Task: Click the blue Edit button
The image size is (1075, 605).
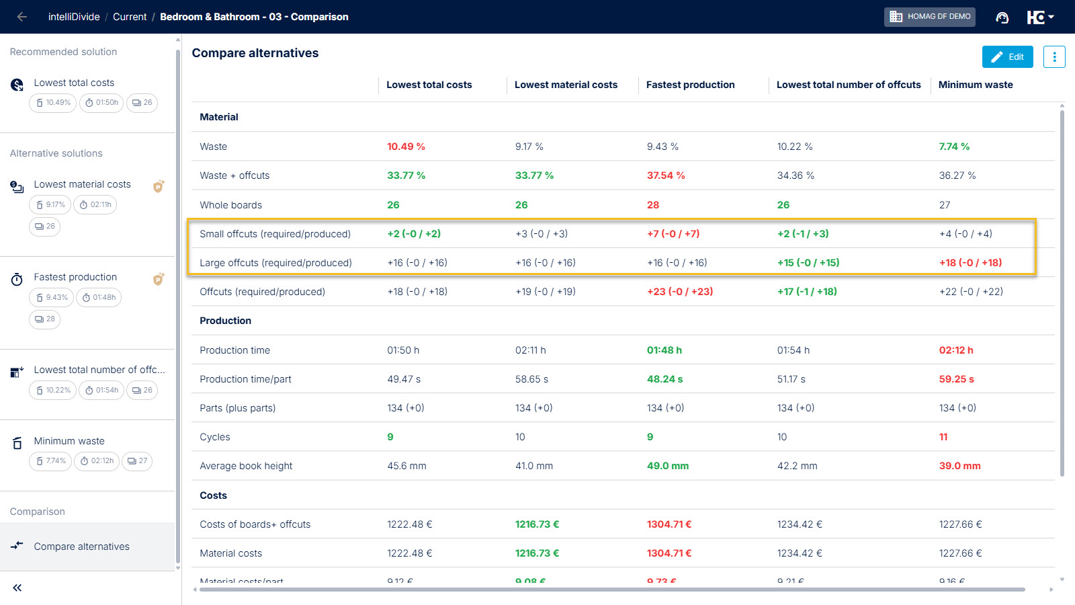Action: pyautogui.click(x=1007, y=57)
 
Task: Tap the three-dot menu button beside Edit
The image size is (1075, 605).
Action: pyautogui.click(x=1054, y=57)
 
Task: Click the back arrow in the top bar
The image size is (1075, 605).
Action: pyautogui.click(x=22, y=17)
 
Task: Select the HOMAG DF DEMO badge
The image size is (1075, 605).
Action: pyautogui.click(x=929, y=17)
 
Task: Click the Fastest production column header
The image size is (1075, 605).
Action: pyautogui.click(x=690, y=85)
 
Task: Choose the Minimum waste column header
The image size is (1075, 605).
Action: pyautogui.click(x=975, y=85)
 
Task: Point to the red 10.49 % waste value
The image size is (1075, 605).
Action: pyautogui.click(x=406, y=147)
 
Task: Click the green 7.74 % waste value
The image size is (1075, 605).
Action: pyautogui.click(x=954, y=147)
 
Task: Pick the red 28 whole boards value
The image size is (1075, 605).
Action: pyautogui.click(x=653, y=205)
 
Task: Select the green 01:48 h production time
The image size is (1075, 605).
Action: pyautogui.click(x=664, y=350)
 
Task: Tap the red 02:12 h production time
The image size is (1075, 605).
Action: pyautogui.click(x=956, y=350)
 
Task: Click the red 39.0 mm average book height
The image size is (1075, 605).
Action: pyautogui.click(x=959, y=466)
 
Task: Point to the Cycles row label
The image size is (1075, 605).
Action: pyautogui.click(x=215, y=437)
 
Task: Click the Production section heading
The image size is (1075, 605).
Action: pyautogui.click(x=225, y=321)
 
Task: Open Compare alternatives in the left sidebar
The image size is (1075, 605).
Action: pyautogui.click(x=81, y=547)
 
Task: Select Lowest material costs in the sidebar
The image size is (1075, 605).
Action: pyautogui.click(x=82, y=184)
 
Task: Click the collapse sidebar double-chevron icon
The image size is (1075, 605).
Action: pyautogui.click(x=17, y=588)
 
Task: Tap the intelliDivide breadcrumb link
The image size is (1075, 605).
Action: pyautogui.click(x=74, y=17)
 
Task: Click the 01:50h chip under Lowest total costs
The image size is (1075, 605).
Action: pyautogui.click(x=101, y=103)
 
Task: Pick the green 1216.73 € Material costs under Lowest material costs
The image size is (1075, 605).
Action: pyautogui.click(x=537, y=553)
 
